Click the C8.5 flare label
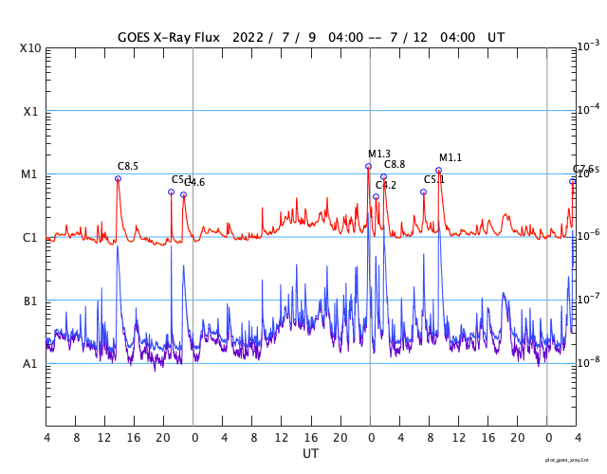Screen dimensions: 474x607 click(128, 166)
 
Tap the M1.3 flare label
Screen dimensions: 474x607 click(379, 154)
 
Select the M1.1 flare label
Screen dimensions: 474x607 click(451, 157)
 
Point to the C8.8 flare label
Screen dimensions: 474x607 click(395, 165)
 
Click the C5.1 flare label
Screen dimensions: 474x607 click(434, 179)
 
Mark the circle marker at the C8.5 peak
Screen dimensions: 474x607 click(118, 178)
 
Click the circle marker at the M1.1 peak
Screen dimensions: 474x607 click(438, 171)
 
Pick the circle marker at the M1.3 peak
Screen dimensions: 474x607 click(368, 167)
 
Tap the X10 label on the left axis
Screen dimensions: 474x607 click(31, 48)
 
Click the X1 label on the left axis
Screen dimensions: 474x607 click(31, 111)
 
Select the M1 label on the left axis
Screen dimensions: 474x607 click(31, 174)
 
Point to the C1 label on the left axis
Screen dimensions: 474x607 click(31, 237)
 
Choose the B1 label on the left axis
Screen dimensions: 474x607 click(31, 301)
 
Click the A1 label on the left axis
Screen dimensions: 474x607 click(31, 363)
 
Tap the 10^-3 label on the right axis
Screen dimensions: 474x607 click(588, 46)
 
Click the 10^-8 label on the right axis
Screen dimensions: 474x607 click(588, 361)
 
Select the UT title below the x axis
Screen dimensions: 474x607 click(310, 454)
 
